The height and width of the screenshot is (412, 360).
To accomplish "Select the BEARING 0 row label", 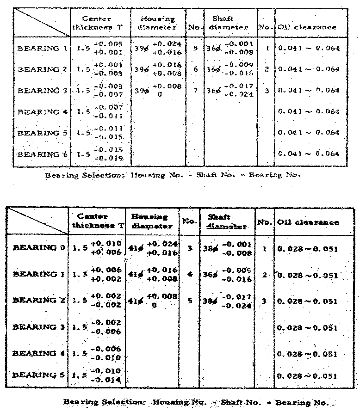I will coord(41,247).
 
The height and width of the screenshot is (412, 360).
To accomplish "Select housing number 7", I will coord(195,90).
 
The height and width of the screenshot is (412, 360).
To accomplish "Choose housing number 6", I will coord(195,69).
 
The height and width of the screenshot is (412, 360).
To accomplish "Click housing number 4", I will coord(189,275).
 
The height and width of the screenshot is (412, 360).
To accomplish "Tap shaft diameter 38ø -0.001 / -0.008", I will coord(227,248).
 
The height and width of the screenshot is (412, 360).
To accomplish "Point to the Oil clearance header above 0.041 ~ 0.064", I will coord(307,27).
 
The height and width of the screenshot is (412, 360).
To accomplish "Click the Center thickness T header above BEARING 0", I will coord(95,221).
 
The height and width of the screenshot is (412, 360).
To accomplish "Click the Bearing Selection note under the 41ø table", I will coord(196,402).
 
